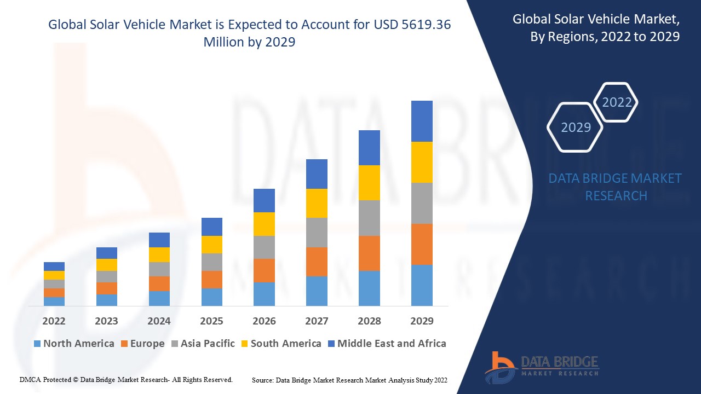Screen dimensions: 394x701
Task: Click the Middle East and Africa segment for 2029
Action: point(422,121)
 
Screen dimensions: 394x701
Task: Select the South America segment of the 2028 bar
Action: point(369,182)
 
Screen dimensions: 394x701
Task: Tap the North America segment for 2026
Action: point(264,294)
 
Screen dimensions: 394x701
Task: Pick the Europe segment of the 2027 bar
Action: point(317,262)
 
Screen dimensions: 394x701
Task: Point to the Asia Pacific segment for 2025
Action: point(212,262)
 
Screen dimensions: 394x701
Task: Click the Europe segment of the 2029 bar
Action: point(422,244)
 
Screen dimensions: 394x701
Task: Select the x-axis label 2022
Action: point(54,321)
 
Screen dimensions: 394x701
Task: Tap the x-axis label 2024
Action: point(159,321)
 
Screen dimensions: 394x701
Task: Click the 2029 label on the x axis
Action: point(422,321)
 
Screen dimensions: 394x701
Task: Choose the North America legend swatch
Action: point(37,344)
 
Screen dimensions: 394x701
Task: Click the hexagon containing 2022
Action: point(617,102)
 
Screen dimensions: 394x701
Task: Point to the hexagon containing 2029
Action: point(576,128)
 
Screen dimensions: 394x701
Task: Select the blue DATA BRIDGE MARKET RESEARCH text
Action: point(615,187)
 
